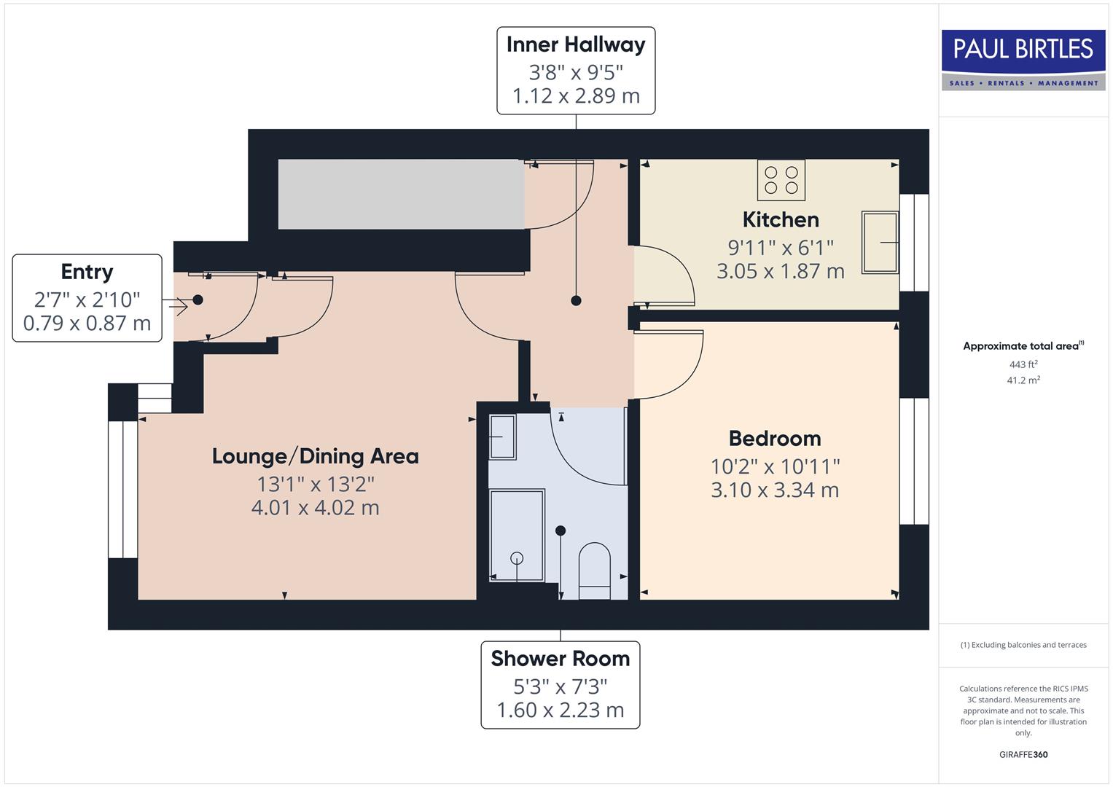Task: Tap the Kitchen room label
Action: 780,219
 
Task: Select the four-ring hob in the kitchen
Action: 781,180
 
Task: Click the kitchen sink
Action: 880,242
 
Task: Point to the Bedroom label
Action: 774,438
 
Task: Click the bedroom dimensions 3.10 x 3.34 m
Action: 774,490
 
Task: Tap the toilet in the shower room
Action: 594,570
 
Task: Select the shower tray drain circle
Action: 517,558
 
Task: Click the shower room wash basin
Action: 501,436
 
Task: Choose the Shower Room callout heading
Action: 560,659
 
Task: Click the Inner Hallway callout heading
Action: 575,44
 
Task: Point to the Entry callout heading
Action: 87,272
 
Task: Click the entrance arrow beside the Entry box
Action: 176,306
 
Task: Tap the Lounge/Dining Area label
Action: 315,456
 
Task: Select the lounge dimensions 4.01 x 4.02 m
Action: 315,508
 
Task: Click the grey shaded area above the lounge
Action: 401,194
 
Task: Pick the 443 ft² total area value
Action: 1023,364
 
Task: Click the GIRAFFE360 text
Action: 1023,754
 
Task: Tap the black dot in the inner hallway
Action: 576,300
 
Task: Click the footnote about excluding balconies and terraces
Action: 1023,645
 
